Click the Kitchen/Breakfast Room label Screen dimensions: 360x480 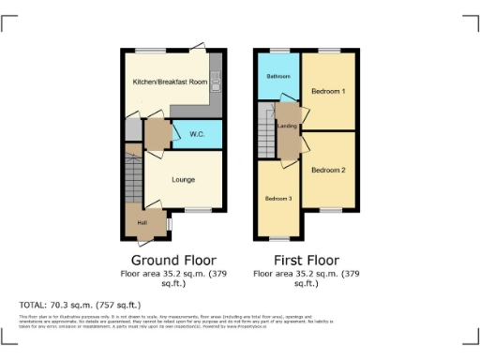(169, 82)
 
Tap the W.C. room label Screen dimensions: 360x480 (197, 135)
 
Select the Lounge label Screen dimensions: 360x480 (183, 177)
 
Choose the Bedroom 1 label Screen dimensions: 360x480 (329, 91)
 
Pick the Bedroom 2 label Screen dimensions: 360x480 (329, 170)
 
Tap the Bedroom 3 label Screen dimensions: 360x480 (277, 199)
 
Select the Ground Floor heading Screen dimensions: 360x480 (173, 260)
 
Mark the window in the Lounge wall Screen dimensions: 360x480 (196, 210)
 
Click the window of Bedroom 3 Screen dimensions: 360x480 (277, 239)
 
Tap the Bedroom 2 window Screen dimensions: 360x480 (329, 210)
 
